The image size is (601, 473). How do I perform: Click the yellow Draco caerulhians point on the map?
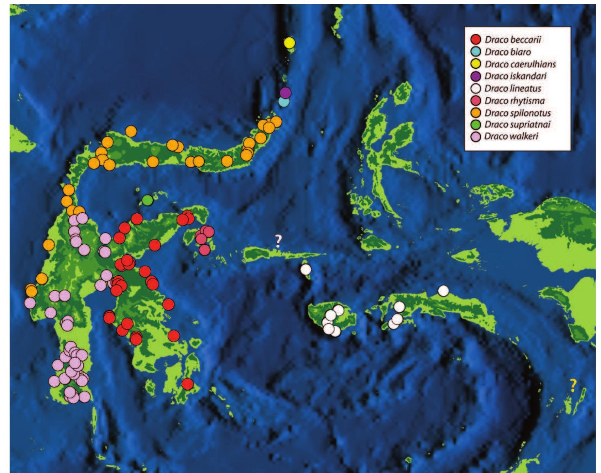pyautogui.click(x=289, y=43)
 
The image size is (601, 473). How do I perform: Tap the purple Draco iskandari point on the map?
pyautogui.click(x=285, y=93)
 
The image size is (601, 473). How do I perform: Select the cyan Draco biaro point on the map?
pyautogui.click(x=284, y=102)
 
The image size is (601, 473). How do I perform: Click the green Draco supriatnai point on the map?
pyautogui.click(x=147, y=200)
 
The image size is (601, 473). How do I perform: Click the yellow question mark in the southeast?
pyautogui.click(x=573, y=386)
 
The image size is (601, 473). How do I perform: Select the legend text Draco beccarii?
pyautogui.click(x=512, y=40)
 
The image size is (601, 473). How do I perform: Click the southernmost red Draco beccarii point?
pyautogui.click(x=188, y=384)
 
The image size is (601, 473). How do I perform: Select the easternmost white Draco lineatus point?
pyautogui.click(x=443, y=291)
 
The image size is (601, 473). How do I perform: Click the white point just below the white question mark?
pyautogui.click(x=305, y=269)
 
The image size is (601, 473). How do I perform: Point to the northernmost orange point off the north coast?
pyautogui.click(x=131, y=131)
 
